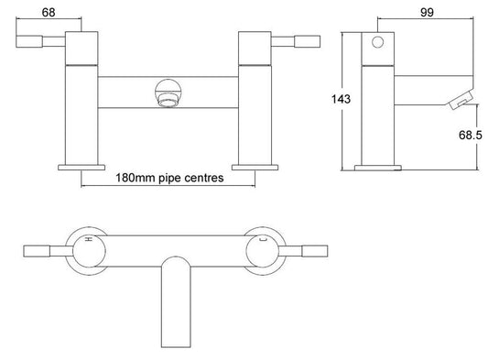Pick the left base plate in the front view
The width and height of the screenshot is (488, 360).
click(x=81, y=167)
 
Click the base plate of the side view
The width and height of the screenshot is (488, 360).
click(x=374, y=168)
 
